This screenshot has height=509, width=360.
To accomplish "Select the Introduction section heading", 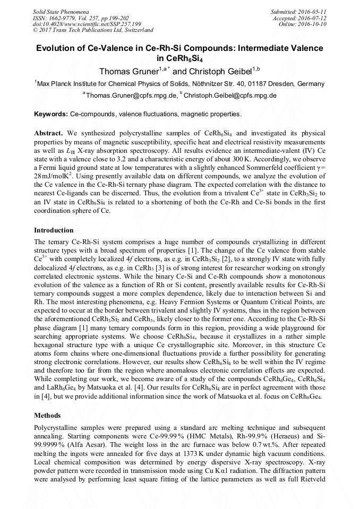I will point(54,230).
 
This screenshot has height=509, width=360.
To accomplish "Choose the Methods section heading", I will point(47,416).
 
